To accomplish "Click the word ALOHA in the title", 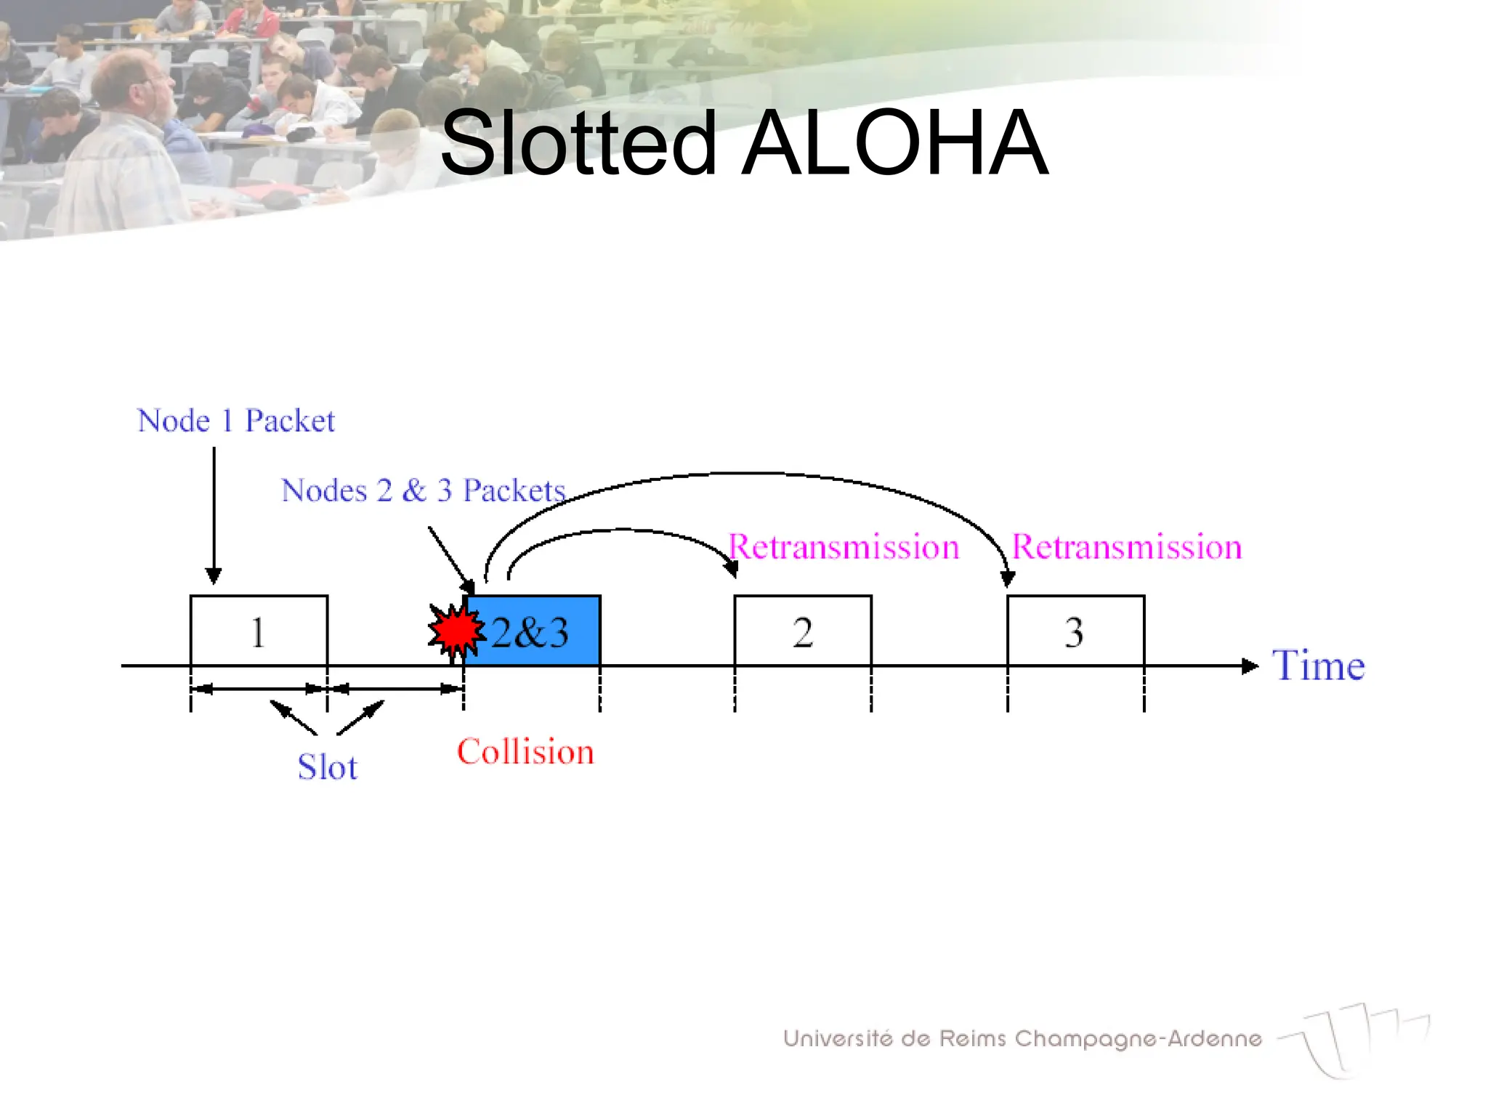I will [895, 143].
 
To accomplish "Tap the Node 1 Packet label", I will [236, 421].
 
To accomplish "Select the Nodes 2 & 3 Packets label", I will [423, 491].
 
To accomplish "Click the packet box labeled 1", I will [259, 631].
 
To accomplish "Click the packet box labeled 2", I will [803, 631].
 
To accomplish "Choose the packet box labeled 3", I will [1075, 631].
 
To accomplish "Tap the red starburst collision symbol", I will [456, 631].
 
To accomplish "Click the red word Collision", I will [525, 752].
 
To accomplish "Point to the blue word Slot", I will [328, 767].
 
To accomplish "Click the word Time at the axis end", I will [1318, 666].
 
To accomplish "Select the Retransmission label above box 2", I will [844, 547].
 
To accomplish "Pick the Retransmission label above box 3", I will [1127, 547].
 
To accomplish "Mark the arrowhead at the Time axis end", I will [1250, 666].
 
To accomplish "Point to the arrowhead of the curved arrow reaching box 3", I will [1007, 579].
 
